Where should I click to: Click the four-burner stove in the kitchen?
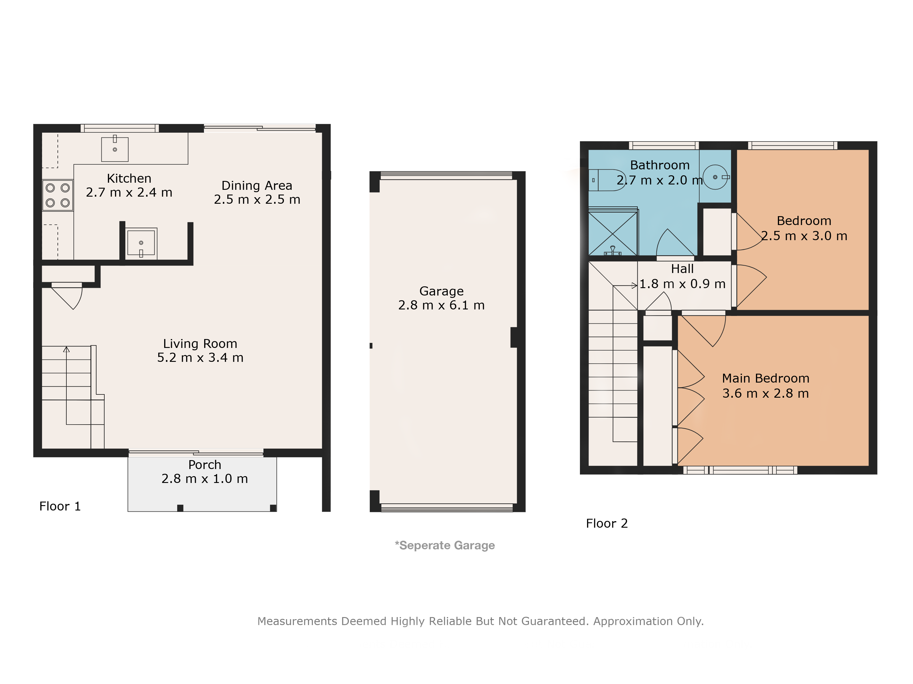[x=58, y=195]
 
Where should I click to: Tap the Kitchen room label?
[x=129, y=178]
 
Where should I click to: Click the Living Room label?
[x=200, y=344]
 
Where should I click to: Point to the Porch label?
[x=205, y=465]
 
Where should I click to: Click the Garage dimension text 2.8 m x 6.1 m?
[x=441, y=305]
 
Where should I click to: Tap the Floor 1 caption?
[x=60, y=506]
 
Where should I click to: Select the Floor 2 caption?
[x=607, y=524]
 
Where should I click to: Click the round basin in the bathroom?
[x=715, y=177]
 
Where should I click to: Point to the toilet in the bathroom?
[x=607, y=180]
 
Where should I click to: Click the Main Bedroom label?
[x=766, y=378]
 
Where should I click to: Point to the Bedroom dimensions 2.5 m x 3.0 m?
[x=804, y=236]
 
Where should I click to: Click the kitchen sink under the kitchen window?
[x=115, y=149]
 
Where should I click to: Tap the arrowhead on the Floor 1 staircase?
[x=66, y=349]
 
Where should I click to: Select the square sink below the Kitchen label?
[x=141, y=243]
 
